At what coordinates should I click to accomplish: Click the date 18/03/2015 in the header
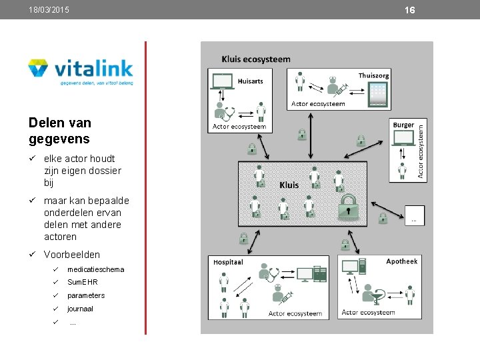49,10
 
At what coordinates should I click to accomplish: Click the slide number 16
409,10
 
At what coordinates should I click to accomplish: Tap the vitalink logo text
93,69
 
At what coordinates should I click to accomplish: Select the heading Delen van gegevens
60,131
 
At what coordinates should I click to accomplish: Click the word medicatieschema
95,269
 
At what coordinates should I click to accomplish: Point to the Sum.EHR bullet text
82,283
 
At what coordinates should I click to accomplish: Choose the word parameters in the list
86,295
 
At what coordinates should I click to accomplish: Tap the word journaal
80,309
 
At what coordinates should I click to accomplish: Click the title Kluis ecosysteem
256,59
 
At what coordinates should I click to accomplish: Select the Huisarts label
250,81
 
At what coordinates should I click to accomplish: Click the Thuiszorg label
373,75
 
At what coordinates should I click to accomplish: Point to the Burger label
403,125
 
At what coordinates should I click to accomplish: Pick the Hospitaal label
228,262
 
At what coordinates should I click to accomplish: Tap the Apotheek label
402,261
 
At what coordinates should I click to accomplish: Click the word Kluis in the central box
289,185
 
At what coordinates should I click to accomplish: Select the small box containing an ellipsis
414,215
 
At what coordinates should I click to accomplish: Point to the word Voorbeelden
72,255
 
